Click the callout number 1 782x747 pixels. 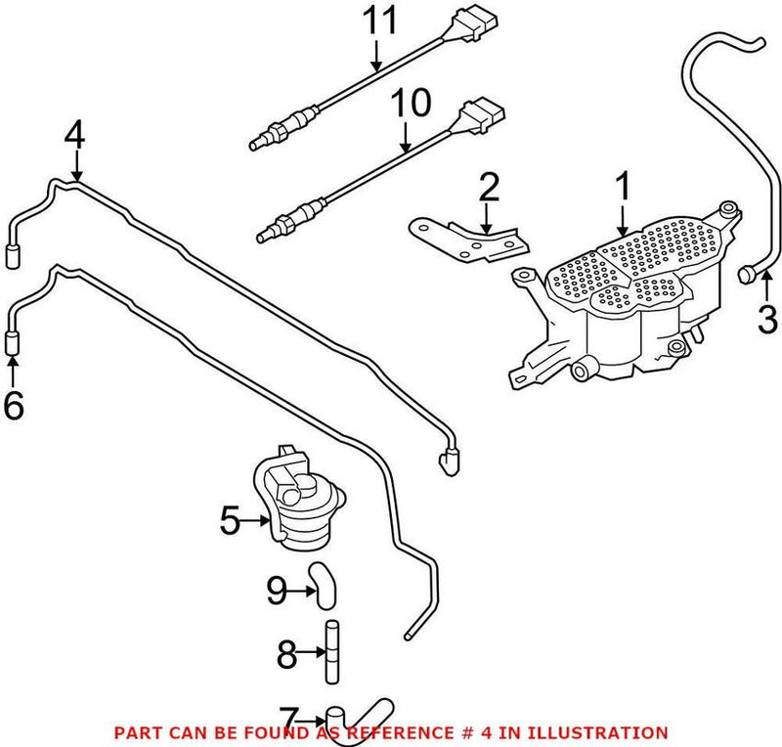622,188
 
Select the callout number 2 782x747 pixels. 489,188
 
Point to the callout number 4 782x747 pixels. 75,135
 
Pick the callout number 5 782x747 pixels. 230,521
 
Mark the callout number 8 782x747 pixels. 286,654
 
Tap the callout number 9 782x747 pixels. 278,589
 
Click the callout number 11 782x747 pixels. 377,22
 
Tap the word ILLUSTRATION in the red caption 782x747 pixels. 606,732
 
